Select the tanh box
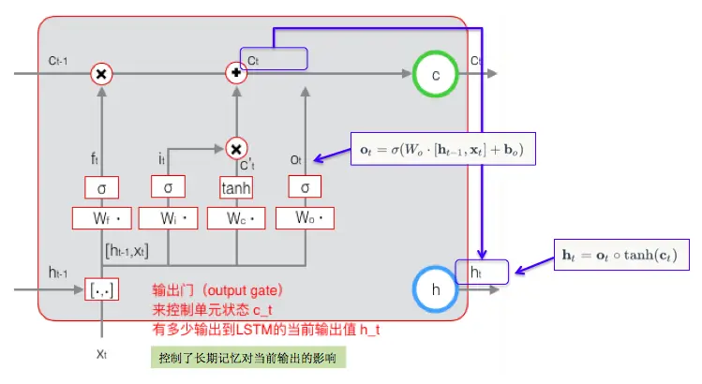[x=237, y=187]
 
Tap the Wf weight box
[x=101, y=219]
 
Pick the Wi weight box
[x=168, y=219]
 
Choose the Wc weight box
[x=237, y=219]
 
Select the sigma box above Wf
[x=101, y=187]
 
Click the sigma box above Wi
[x=168, y=187]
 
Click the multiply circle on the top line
[x=101, y=74]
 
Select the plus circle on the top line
[x=237, y=73]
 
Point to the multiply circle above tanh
[x=237, y=147]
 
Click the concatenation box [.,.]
[x=101, y=289]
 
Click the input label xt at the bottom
[x=103, y=354]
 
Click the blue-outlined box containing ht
[x=482, y=272]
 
